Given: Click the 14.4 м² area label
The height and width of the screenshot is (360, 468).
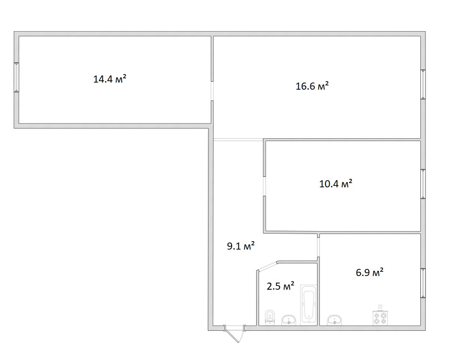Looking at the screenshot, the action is [109, 79].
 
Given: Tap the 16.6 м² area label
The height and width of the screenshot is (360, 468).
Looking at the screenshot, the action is [312, 86].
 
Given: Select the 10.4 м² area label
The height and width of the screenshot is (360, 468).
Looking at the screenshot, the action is [335, 184].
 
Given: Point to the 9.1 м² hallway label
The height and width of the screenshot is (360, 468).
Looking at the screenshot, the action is [241, 246].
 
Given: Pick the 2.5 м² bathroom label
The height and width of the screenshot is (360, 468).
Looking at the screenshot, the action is [280, 286].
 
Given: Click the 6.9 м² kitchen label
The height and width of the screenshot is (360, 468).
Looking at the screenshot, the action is [369, 272].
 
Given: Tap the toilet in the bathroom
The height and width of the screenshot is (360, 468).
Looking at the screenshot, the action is [270, 318].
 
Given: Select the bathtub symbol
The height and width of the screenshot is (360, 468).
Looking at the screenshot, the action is [309, 303].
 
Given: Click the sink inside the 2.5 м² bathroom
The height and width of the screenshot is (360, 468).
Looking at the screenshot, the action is [289, 320].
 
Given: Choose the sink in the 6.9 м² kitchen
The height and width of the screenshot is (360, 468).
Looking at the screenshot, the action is [334, 320].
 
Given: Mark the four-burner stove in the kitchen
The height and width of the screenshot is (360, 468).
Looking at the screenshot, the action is [380, 318].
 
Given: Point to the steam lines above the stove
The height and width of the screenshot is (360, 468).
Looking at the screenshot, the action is [380, 307].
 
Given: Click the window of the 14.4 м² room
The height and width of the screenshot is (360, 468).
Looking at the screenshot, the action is [17, 77].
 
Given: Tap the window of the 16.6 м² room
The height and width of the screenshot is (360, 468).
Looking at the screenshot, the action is [423, 84].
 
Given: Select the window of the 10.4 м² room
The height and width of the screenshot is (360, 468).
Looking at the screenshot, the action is [423, 184].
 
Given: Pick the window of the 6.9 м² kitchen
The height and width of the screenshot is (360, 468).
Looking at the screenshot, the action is [423, 283].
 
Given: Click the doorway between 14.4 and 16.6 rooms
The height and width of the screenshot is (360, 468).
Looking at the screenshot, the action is [212, 91].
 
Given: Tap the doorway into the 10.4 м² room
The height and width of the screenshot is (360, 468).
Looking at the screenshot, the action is [265, 186].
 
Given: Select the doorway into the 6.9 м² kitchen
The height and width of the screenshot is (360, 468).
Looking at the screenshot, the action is [318, 247].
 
